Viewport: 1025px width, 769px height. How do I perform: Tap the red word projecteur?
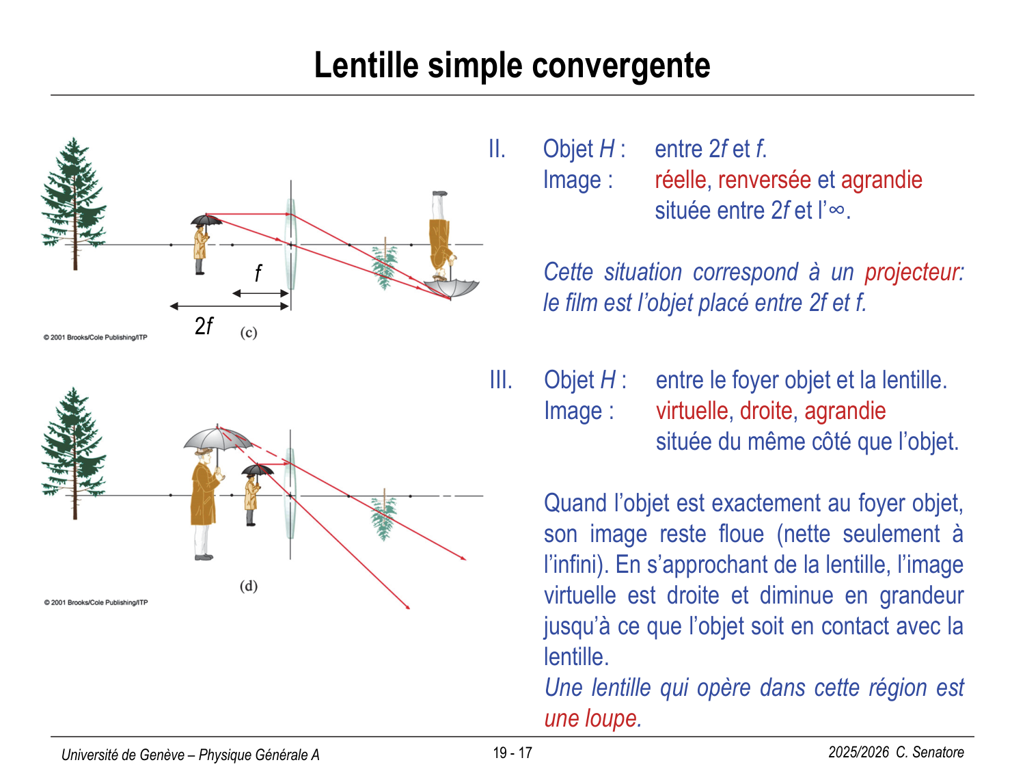coord(912,272)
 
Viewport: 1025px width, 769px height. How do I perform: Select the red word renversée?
coord(764,180)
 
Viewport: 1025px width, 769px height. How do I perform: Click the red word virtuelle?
coord(692,411)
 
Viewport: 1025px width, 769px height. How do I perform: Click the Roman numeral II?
coord(497,149)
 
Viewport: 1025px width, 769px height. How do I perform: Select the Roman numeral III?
coord(500,380)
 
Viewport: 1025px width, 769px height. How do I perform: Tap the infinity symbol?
coord(836,209)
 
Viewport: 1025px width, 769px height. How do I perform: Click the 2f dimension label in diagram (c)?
coord(204,326)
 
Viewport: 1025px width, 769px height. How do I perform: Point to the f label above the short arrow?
coord(258,273)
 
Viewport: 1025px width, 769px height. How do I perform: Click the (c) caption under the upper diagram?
coord(249,333)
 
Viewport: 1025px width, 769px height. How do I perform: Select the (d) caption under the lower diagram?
coord(249,586)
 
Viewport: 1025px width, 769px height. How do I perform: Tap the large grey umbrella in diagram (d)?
coord(217,437)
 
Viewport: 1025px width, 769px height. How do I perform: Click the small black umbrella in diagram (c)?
coord(206,220)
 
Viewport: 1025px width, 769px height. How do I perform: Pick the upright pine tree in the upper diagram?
coord(74,198)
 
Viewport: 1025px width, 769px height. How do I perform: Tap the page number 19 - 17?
coord(512,753)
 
